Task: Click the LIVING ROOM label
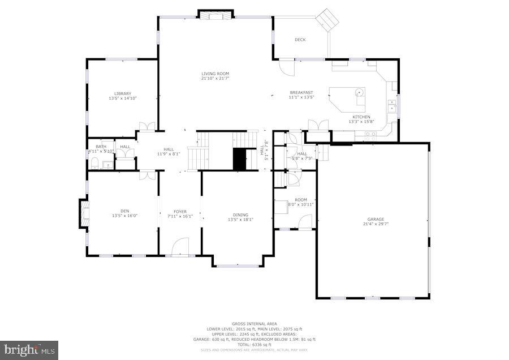(x=215, y=74)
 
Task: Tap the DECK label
(x=300, y=40)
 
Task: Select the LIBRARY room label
(x=123, y=93)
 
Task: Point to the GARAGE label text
(x=376, y=219)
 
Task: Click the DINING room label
(x=240, y=215)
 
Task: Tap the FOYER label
(x=180, y=212)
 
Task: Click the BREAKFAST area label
(x=301, y=92)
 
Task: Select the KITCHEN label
(x=362, y=117)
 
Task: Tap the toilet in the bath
(x=95, y=164)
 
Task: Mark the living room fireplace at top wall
(x=215, y=14)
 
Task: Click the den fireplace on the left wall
(x=84, y=213)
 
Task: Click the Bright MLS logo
(x=29, y=350)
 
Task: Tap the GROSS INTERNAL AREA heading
(x=255, y=323)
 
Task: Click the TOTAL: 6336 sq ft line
(x=255, y=345)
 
